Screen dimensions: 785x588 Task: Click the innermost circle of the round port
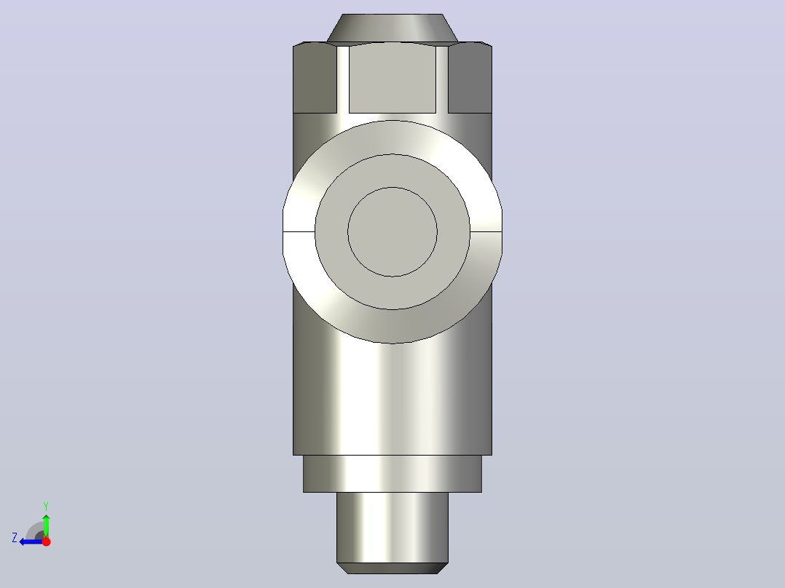click(x=392, y=231)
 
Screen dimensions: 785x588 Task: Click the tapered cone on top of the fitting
click(x=392, y=28)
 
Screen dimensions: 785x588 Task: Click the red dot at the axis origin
click(x=47, y=541)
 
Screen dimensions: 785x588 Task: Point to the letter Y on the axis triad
click(x=46, y=506)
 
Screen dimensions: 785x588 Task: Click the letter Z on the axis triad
click(x=15, y=538)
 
